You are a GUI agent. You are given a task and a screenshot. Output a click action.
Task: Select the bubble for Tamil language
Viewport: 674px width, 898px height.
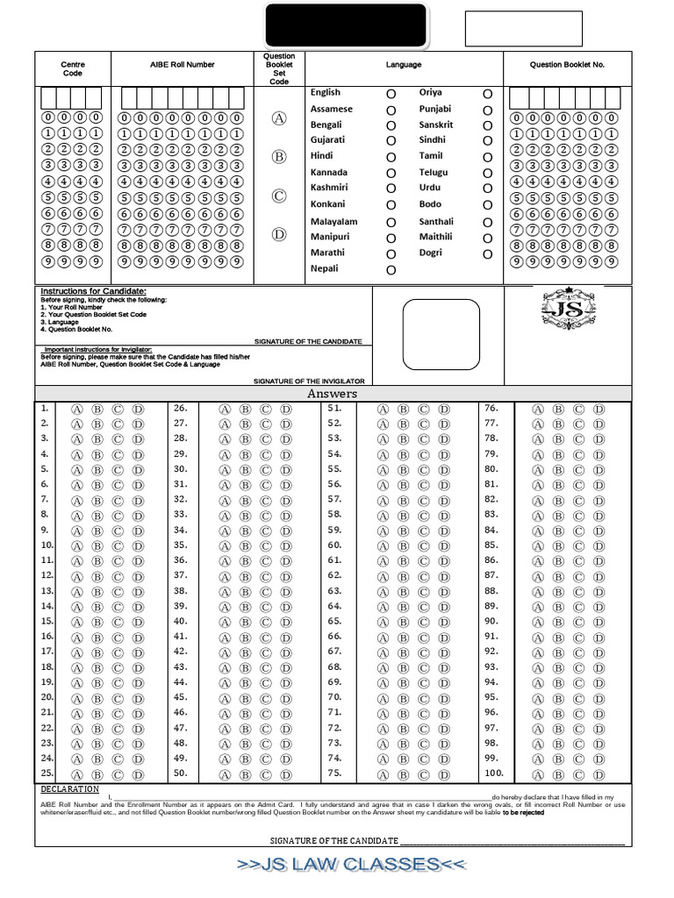point(487,157)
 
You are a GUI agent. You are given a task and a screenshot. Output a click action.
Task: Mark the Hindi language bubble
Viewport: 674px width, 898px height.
point(391,157)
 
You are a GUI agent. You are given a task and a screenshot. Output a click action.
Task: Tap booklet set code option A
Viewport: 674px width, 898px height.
point(279,118)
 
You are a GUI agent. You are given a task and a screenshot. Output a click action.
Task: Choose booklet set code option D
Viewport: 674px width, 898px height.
point(279,235)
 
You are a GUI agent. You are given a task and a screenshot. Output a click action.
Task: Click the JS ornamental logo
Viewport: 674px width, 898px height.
point(568,310)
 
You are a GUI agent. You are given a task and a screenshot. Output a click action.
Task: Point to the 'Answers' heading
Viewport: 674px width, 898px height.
point(332,395)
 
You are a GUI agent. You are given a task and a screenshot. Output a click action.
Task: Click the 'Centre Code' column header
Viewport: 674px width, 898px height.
point(73,69)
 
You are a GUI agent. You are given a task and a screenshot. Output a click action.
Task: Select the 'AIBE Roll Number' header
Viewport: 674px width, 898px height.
point(183,65)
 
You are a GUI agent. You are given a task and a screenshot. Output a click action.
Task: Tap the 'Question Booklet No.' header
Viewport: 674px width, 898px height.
point(567,65)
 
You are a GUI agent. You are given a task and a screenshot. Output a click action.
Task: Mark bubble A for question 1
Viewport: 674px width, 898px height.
point(76,410)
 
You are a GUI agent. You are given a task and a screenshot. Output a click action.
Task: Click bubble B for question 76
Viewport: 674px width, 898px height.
point(558,410)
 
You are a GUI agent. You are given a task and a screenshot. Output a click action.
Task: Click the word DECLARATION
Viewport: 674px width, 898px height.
point(70,789)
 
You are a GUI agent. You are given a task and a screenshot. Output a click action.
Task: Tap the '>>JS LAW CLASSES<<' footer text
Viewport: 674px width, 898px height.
point(350,865)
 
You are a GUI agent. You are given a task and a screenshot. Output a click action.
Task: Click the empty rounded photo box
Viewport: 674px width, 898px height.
point(441,335)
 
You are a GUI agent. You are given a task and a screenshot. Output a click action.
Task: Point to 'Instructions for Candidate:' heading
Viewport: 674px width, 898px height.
point(93,291)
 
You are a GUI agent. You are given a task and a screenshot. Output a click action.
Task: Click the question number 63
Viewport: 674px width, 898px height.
point(334,591)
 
